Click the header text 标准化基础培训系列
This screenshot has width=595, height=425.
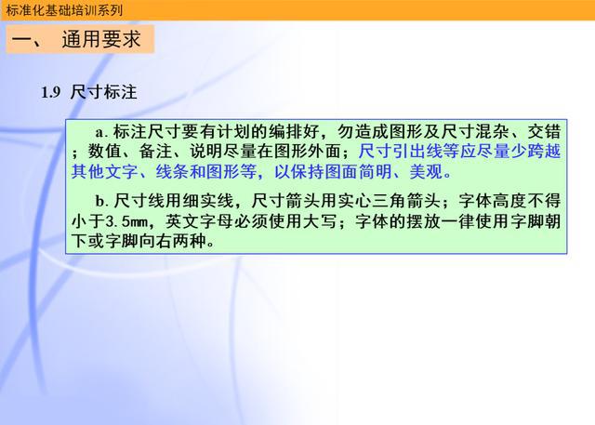point(64,10)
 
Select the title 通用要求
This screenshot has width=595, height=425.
point(101,39)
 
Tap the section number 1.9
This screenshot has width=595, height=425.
point(51,93)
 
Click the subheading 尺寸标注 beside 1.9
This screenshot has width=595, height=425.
point(103,92)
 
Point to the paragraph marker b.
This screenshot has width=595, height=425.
point(101,201)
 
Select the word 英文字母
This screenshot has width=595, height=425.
point(198,221)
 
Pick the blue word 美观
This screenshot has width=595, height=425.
point(426,171)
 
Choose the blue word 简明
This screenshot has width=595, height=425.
point(376,171)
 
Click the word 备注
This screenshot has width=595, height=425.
point(155,152)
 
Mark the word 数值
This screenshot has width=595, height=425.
point(105,152)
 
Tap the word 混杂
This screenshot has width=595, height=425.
point(492,132)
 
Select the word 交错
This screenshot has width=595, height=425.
point(544,132)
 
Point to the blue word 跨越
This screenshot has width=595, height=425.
point(544,152)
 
